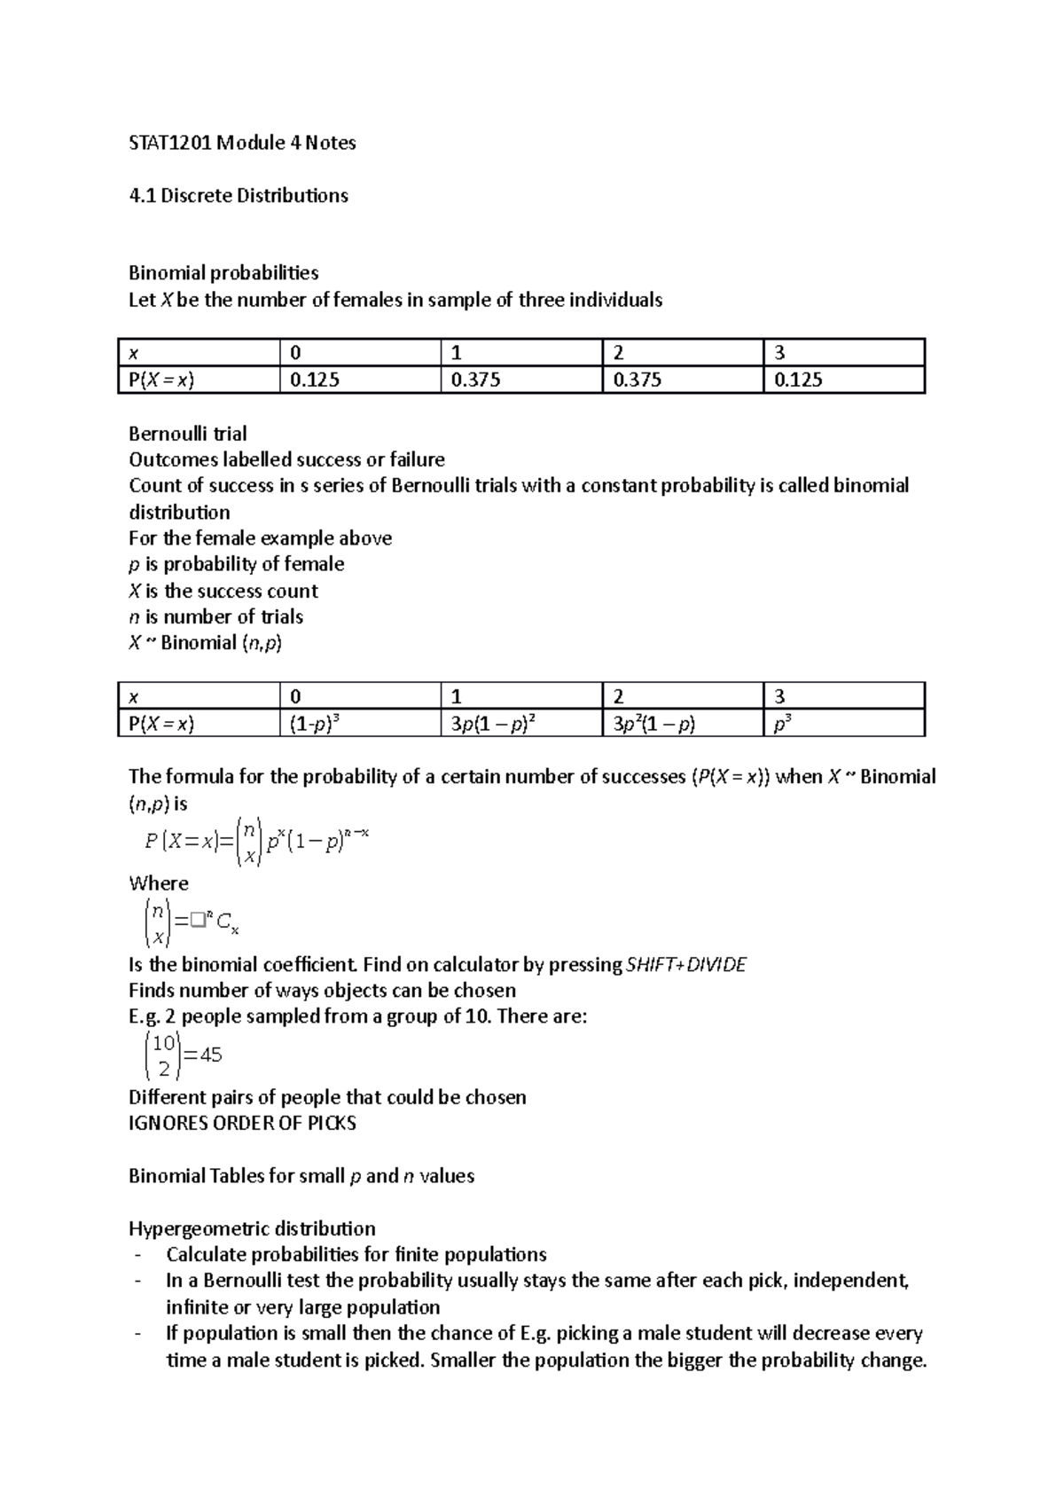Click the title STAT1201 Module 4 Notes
coord(242,143)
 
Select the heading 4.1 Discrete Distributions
coord(238,195)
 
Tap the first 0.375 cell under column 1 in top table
coord(475,380)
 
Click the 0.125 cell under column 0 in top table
coord(315,380)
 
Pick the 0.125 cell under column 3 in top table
coord(798,380)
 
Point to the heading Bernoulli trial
coord(187,434)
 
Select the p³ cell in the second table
coord(783,725)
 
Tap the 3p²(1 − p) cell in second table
coord(654,725)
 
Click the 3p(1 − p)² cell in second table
coord(491,725)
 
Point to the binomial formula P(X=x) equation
coord(255,843)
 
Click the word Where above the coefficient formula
coord(159,883)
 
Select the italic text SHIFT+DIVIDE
coord(686,965)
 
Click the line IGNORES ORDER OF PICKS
coord(242,1124)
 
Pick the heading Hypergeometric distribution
coord(252,1228)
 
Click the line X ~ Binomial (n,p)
coord(205,643)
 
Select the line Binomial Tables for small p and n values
coord(301,1176)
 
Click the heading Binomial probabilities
coord(223,273)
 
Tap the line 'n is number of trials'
coord(215,617)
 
